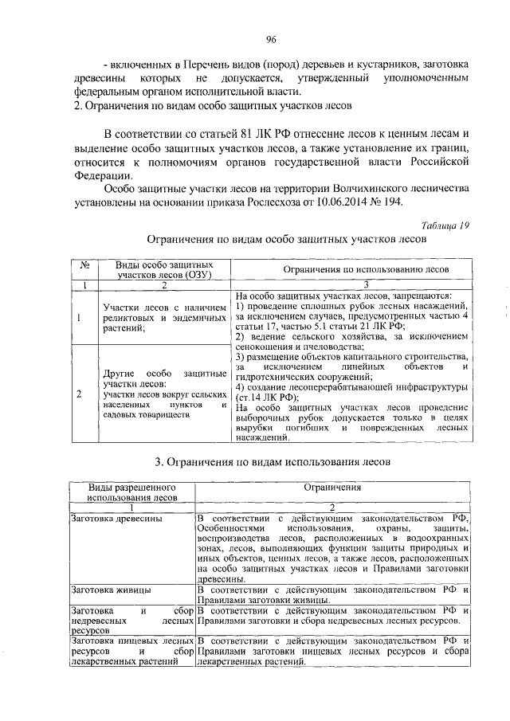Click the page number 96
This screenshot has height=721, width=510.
tap(271, 39)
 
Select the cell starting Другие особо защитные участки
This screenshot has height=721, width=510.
tap(164, 394)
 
